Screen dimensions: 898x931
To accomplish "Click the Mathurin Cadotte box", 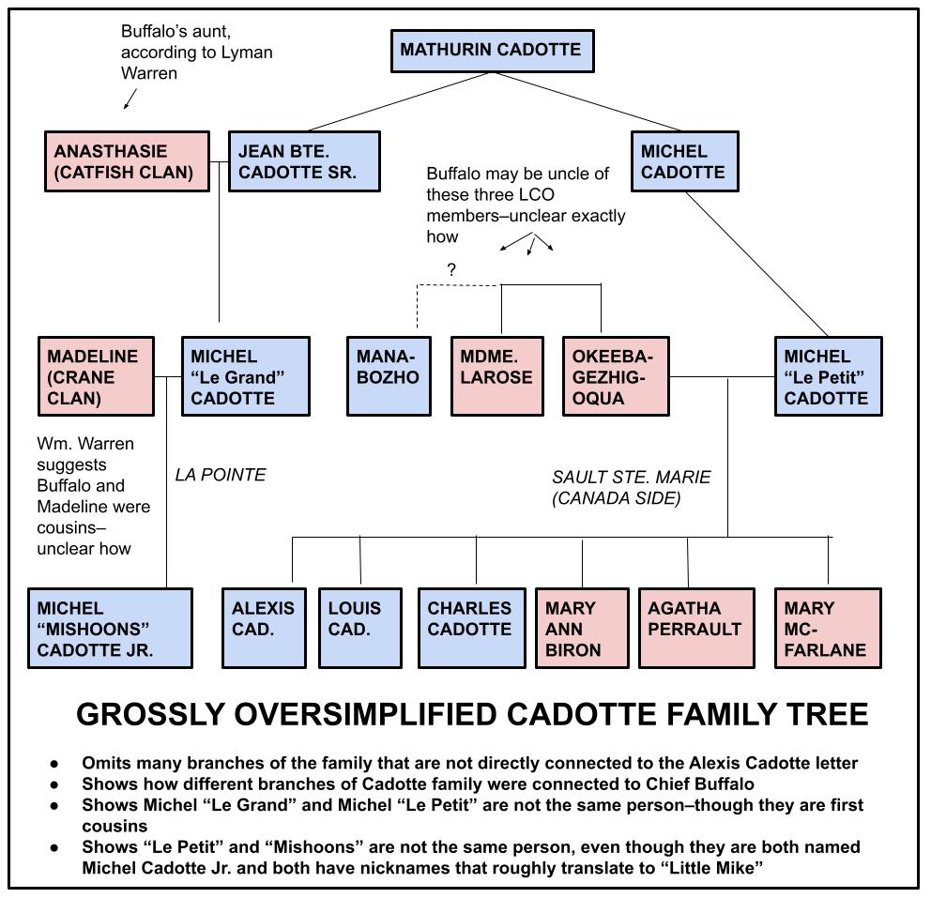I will pyautogui.click(x=491, y=50).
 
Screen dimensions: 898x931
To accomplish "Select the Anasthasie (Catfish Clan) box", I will pyautogui.click(x=127, y=161).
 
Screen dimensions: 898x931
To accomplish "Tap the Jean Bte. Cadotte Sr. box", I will pyautogui.click(x=304, y=161).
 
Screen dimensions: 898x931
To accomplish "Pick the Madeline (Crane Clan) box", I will pyautogui.click(x=96, y=376).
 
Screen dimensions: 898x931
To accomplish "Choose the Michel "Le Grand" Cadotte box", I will pyautogui.click(x=245, y=376).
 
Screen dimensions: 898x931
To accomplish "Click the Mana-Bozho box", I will pyautogui.click(x=389, y=376).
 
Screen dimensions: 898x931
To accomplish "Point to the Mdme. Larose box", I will pyautogui.click(x=497, y=376).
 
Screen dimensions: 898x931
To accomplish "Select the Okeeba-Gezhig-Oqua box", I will pyautogui.click(x=616, y=376).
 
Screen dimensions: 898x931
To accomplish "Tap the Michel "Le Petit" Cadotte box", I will pyautogui.click(x=829, y=376).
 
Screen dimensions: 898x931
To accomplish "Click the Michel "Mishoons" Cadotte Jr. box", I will pyautogui.click(x=110, y=628).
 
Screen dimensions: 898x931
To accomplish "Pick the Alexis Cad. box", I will pyautogui.click(x=264, y=628).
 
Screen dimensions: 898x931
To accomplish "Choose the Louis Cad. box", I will pyautogui.click(x=361, y=628).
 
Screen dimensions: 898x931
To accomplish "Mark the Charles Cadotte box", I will pyautogui.click(x=471, y=628).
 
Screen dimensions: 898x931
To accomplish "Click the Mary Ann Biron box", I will pyautogui.click(x=581, y=628).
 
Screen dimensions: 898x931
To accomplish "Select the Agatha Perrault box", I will pyautogui.click(x=696, y=628).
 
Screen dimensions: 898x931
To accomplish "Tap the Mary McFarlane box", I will pyautogui.click(x=828, y=628).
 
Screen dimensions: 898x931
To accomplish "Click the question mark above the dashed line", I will pyautogui.click(x=451, y=270).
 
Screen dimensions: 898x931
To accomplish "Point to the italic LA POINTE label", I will pyautogui.click(x=221, y=475).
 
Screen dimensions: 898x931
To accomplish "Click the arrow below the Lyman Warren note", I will pyautogui.click(x=130, y=99).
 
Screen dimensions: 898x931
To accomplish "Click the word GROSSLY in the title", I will pyautogui.click(x=153, y=715).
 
